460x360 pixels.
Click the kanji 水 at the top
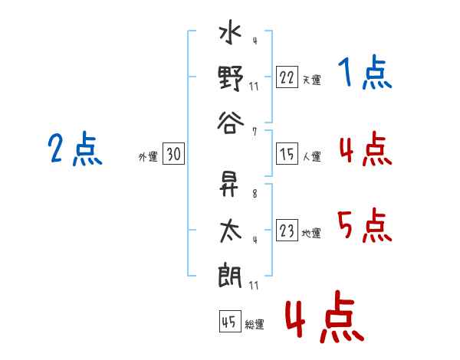tap(231, 37)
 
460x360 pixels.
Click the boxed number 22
tap(287, 77)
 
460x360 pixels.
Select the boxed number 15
tap(287, 155)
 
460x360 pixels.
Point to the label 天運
tap(311, 80)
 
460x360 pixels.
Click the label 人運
tap(311, 157)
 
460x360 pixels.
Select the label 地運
tap(311, 233)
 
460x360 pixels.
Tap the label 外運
tap(148, 157)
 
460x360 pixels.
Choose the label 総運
tap(255, 325)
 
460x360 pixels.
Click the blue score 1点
tap(365, 74)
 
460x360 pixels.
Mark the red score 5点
tap(365, 227)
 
